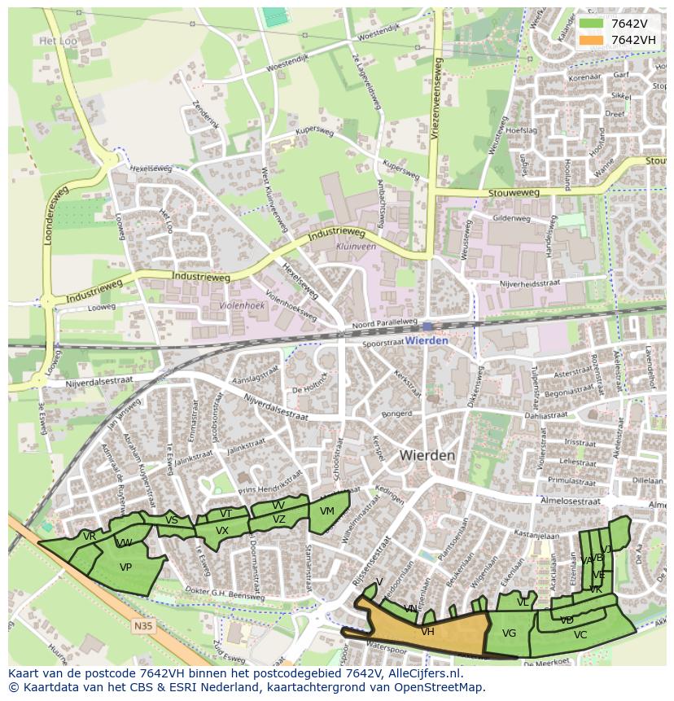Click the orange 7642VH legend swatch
point(592,40)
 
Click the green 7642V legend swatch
point(592,24)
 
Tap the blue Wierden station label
point(427,340)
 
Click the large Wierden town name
point(427,455)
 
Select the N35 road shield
point(142,625)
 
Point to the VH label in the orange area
point(427,631)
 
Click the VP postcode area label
point(125,567)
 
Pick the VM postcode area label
point(327,511)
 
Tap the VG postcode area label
point(510,633)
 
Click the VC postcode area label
point(580,634)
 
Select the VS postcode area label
point(172,520)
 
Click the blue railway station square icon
point(427,326)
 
